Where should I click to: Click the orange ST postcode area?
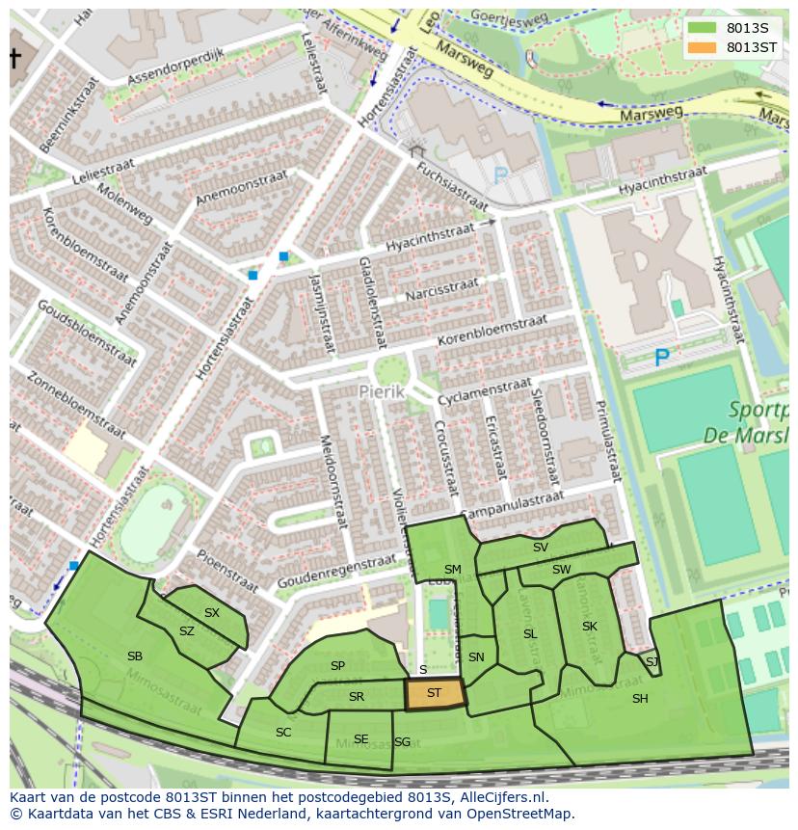434,693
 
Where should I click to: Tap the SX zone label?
212,613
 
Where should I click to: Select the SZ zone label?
187,631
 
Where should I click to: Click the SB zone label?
135,656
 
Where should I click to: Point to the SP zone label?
337,666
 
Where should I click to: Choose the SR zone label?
357,697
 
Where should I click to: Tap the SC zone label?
283,733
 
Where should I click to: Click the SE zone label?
360,739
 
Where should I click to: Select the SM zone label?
452,570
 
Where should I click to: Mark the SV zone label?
541,548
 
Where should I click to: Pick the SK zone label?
590,627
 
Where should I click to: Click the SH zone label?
640,699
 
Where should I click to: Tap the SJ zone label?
652,661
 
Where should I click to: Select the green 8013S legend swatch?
703,27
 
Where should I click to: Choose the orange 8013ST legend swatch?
703,46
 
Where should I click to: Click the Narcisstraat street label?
440,290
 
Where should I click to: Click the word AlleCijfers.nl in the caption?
502,797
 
